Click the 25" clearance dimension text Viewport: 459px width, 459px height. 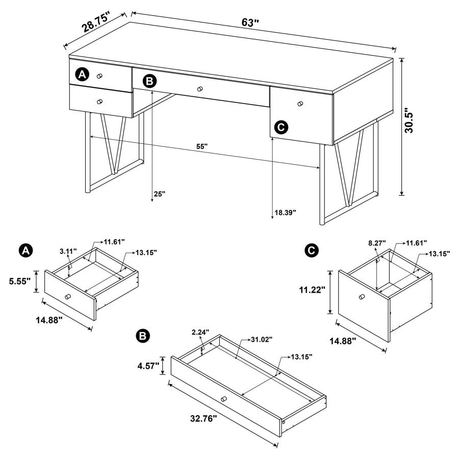point(160,194)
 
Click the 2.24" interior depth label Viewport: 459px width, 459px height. point(200,333)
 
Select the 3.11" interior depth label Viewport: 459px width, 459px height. point(68,251)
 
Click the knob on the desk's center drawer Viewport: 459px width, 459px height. point(200,88)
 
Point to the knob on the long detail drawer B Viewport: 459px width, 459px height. point(223,398)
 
